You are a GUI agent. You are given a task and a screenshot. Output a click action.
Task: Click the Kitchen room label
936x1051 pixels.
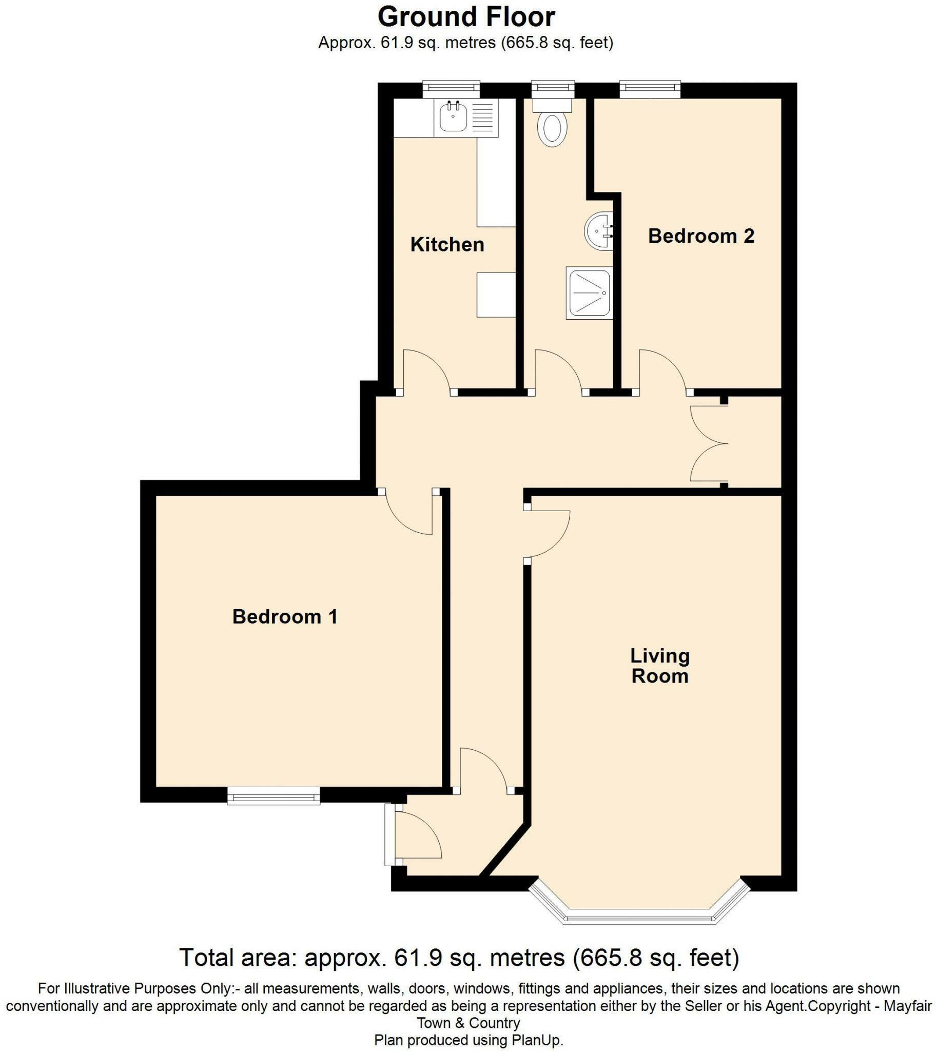pos(447,244)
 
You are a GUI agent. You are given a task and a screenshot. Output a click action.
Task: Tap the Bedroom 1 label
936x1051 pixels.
pos(284,616)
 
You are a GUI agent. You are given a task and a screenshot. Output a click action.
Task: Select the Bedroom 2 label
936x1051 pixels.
pos(700,236)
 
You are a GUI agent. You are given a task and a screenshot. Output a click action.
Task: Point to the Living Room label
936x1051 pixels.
pos(659,666)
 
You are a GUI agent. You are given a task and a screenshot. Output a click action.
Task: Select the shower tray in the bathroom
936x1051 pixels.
pos(590,293)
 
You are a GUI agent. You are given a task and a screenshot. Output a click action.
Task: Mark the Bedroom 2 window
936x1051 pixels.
pos(650,89)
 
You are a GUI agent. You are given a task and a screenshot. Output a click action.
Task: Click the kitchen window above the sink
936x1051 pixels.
pos(451,89)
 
